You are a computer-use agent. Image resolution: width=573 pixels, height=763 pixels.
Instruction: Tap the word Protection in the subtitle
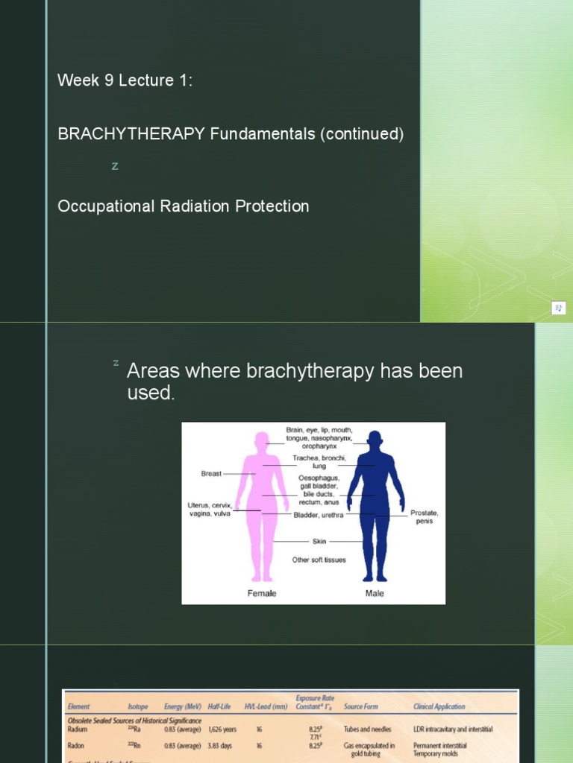[272, 206]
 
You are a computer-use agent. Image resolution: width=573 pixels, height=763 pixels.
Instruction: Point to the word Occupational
[107, 206]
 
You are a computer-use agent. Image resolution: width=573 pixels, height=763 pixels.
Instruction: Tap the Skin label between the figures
[308, 542]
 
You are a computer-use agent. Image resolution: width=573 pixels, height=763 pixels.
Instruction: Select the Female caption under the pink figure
[261, 593]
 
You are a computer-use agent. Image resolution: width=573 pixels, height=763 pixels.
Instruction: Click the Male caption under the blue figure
[375, 593]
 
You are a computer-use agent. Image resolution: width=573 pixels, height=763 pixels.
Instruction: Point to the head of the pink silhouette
[262, 441]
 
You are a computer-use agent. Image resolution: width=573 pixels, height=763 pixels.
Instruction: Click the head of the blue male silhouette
[376, 441]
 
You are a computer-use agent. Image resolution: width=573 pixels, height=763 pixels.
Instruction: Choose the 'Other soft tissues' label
[319, 560]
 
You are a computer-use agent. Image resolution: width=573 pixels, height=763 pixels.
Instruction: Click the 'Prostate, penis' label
[424, 517]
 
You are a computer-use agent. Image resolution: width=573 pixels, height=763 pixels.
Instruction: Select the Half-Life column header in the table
[222, 706]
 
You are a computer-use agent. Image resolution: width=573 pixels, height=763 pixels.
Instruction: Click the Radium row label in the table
[77, 729]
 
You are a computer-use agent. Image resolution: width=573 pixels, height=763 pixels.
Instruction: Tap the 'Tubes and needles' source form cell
[367, 729]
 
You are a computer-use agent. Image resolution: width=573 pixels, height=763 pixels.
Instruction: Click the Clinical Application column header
[439, 706]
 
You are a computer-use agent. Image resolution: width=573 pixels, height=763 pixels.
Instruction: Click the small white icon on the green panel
[559, 308]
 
